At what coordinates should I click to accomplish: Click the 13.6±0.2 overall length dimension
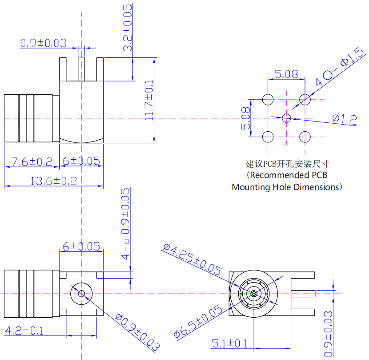point(53,181)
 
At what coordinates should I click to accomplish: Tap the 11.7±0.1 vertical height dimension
point(149,101)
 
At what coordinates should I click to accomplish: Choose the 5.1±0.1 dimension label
point(229,343)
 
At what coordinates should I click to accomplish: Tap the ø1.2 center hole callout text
point(345,118)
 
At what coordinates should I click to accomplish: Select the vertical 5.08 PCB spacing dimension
point(245,118)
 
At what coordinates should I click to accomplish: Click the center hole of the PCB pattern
point(287,118)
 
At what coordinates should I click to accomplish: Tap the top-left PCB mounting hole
point(268,99)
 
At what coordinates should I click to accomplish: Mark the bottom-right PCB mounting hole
point(305,137)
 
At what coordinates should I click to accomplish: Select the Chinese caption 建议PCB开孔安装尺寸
point(288,163)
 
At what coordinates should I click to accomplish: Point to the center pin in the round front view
point(253,293)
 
